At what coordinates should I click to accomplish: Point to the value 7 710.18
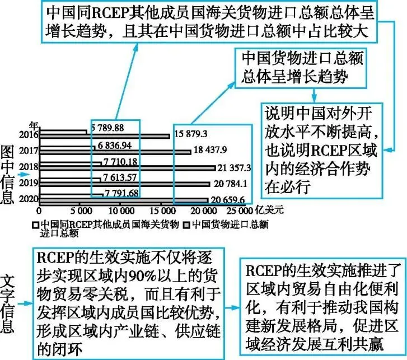point(120,162)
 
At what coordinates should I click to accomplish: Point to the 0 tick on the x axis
point(39,212)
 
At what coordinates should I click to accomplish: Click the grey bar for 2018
point(127,168)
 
